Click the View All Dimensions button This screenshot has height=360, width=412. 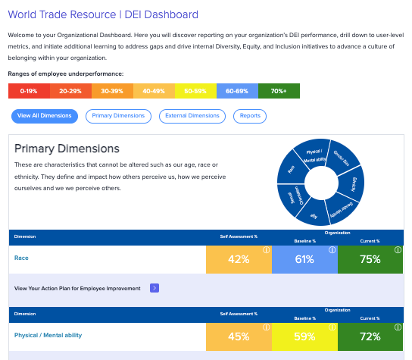point(45,116)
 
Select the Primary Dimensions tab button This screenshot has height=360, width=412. point(118,116)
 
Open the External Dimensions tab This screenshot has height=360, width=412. point(192,116)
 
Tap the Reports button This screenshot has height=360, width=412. point(250,116)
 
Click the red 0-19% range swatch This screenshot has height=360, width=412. point(29,91)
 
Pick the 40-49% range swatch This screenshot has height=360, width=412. point(154,91)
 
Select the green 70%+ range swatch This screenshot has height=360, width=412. point(279,91)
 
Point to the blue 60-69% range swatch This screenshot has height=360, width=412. point(237,91)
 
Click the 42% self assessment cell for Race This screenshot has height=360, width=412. point(239,260)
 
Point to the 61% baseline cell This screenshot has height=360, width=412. point(304,260)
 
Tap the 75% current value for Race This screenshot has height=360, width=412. point(370,260)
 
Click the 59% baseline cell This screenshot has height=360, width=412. point(304,336)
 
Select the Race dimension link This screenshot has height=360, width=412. point(21,258)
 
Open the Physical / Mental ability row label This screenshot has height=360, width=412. point(48,334)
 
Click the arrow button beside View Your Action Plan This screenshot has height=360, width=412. point(154,288)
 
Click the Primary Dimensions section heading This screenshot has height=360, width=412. point(67,149)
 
